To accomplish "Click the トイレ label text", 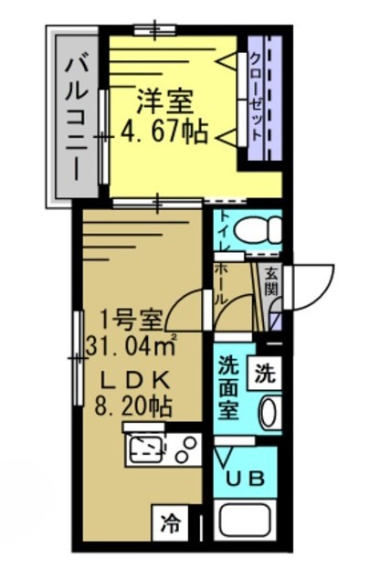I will (x=224, y=232).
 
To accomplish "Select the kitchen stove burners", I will (x=187, y=448).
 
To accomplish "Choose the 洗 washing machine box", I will (x=264, y=373).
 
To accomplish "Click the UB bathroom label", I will (x=244, y=478).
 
